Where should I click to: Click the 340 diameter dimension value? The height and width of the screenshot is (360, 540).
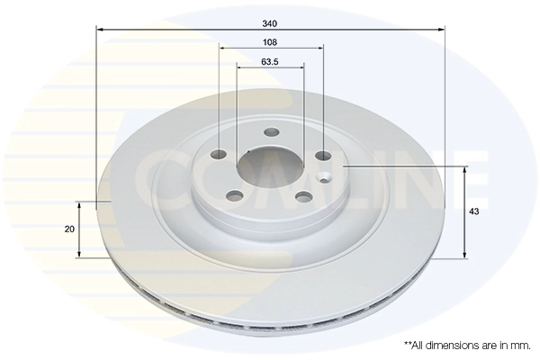269,21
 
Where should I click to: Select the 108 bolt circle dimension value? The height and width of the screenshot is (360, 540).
269,42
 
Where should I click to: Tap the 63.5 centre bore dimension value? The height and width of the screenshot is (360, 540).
269,62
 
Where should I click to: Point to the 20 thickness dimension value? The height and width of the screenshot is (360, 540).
69,229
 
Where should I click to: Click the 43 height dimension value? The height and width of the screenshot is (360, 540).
473,211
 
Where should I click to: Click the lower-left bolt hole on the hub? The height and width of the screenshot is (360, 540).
236,193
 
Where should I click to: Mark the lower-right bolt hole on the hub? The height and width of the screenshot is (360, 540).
304,196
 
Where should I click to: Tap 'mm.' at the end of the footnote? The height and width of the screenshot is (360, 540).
520,345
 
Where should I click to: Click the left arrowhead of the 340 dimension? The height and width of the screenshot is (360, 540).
99,31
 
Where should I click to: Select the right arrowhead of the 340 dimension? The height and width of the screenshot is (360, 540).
442,31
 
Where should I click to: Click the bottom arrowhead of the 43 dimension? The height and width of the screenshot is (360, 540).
463,255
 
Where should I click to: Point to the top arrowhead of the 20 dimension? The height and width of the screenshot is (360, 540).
80,206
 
